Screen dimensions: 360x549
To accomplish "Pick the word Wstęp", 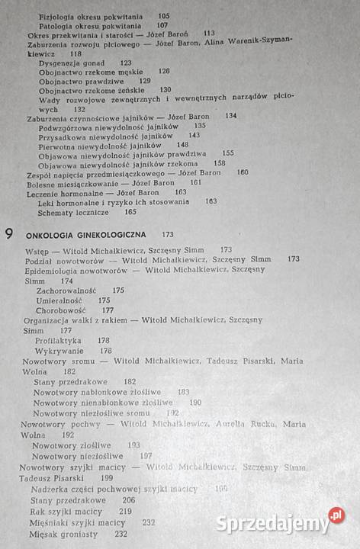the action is pyautogui.click(x=37, y=250).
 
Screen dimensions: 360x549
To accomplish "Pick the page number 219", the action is pyautogui.click(x=125, y=511).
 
